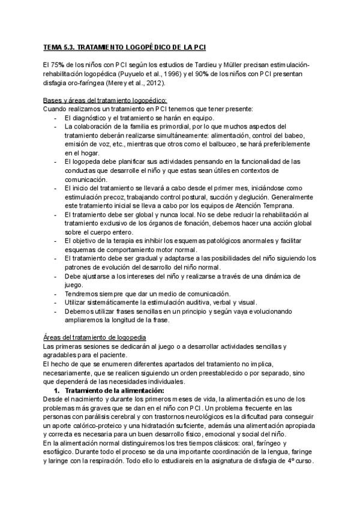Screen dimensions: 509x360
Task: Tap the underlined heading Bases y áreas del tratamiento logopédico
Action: pyautogui.click(x=105, y=100)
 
